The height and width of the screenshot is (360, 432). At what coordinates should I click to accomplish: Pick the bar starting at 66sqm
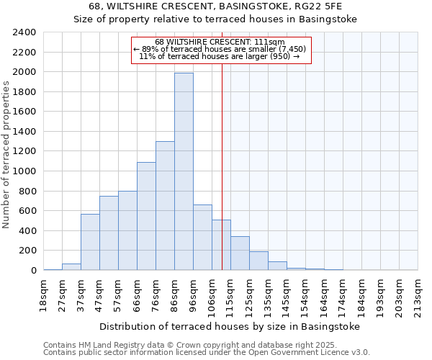point(146,216)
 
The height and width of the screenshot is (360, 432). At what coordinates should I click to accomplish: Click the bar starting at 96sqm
point(202,238)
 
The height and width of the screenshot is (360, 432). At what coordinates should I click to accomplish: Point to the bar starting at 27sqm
point(71,267)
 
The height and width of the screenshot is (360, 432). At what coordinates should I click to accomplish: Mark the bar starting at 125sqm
point(258,261)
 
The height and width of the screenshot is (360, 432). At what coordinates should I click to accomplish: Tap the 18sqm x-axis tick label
point(43,294)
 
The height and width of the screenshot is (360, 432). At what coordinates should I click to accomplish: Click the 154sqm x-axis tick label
point(305,294)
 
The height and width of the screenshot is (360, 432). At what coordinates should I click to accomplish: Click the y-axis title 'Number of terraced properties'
point(7,154)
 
